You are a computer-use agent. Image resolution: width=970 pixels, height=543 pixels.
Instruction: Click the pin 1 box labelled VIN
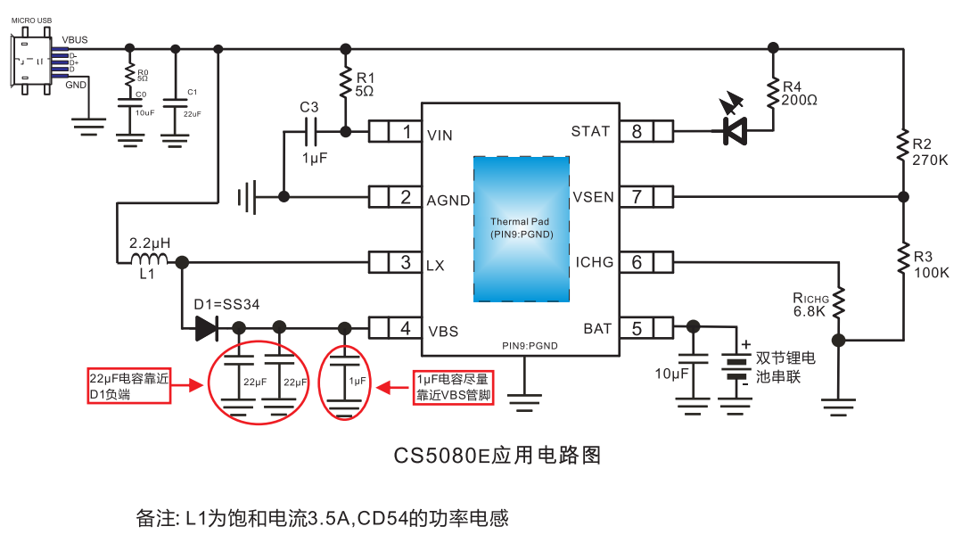395,132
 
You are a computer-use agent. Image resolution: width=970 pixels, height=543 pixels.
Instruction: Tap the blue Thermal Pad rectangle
522,228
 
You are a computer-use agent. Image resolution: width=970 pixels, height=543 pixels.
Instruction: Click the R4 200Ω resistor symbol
772,93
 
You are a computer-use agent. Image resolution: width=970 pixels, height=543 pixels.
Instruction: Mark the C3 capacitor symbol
310,132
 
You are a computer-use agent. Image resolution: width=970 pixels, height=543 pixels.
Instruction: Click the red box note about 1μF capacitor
454,387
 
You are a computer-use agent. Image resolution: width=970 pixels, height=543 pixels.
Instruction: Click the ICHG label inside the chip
595,262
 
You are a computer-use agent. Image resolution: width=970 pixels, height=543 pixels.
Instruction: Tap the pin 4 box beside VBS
395,328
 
